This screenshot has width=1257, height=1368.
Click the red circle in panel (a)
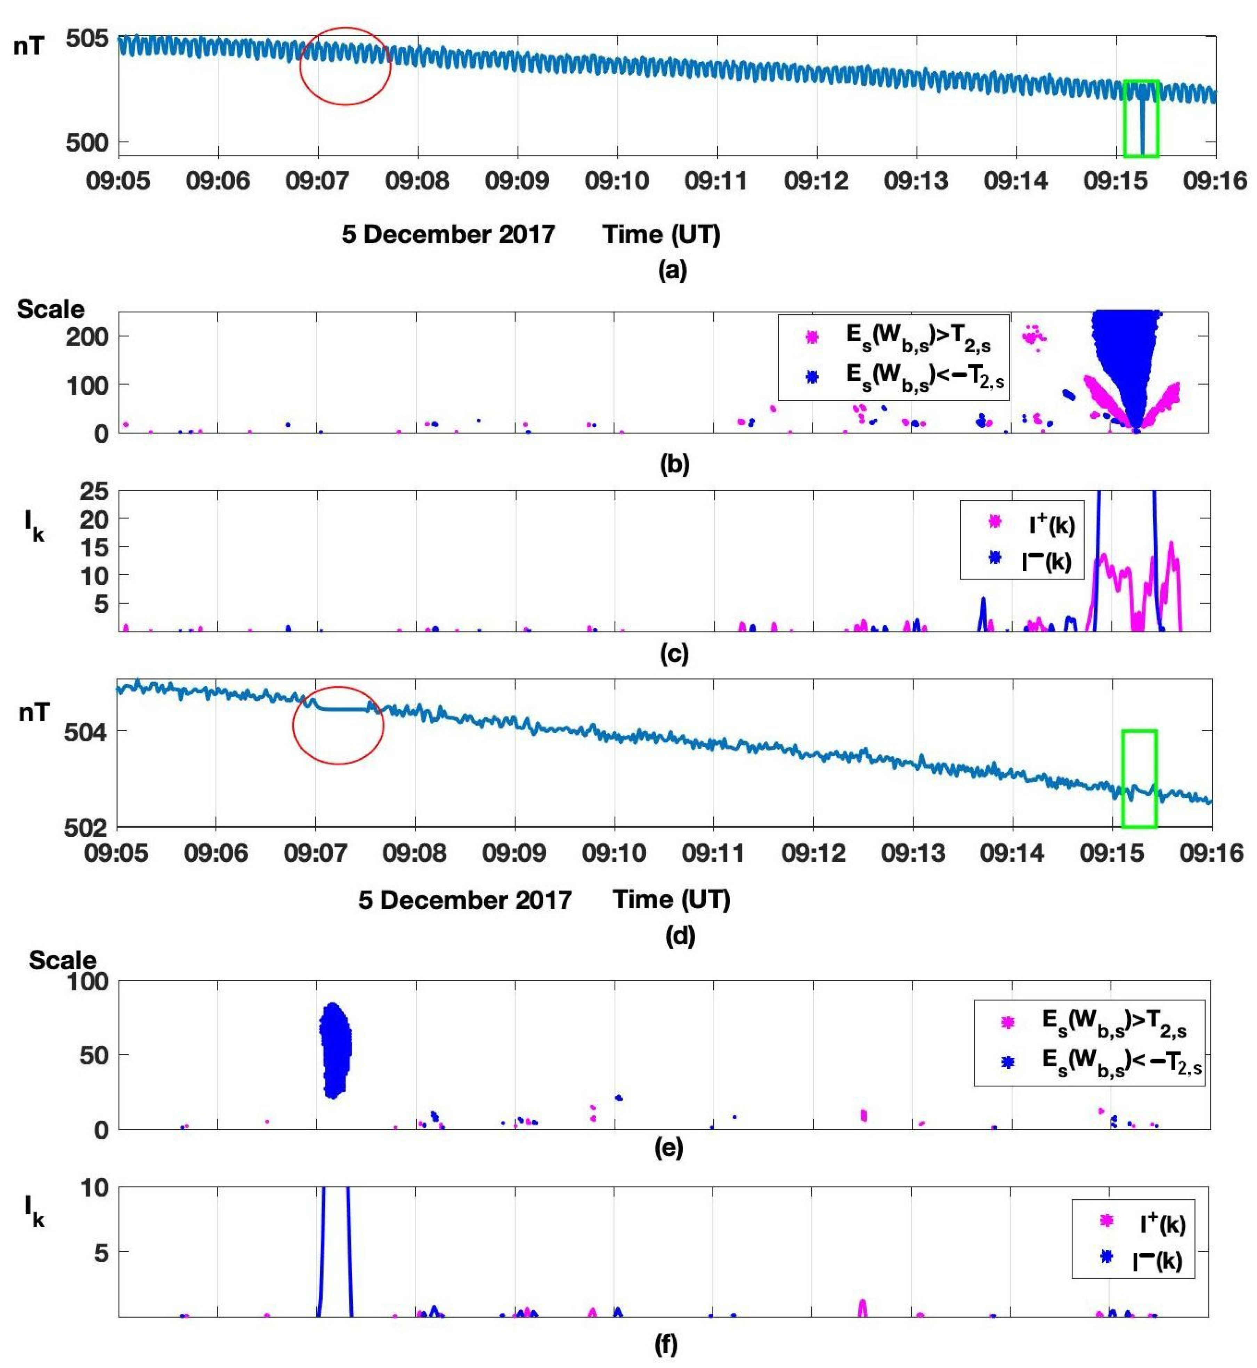tap(346, 66)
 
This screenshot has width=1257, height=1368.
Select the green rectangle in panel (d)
tap(1139, 778)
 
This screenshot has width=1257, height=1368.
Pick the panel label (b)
tap(674, 464)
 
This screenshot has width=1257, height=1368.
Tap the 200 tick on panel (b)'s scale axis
tap(87, 336)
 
